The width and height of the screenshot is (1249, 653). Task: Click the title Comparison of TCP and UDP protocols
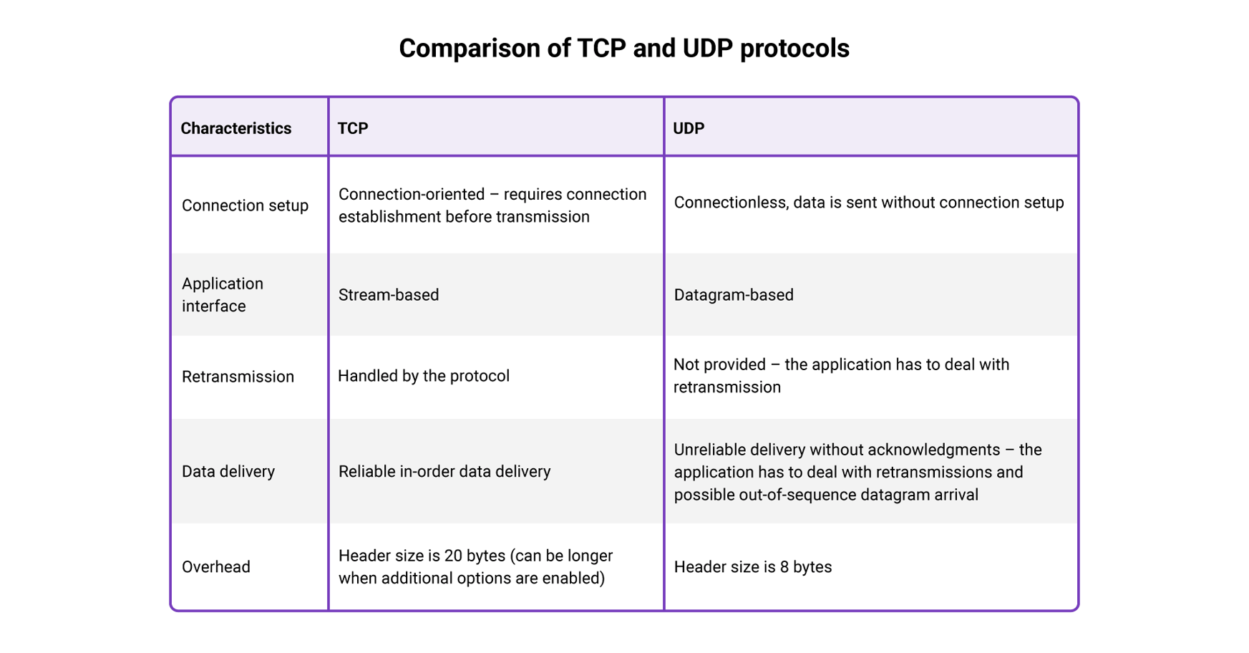tap(623, 49)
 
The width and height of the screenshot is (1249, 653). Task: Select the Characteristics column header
tap(235, 128)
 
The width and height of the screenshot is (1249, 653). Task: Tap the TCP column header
tap(353, 128)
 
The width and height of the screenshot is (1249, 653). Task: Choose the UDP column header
tap(689, 128)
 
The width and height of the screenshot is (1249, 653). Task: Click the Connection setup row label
tap(245, 205)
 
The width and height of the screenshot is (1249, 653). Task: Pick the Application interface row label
tap(223, 294)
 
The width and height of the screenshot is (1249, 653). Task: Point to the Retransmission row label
tap(238, 377)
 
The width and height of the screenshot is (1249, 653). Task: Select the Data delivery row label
tap(228, 471)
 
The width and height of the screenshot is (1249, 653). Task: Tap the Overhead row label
tap(216, 567)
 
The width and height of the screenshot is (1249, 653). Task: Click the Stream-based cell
tap(389, 295)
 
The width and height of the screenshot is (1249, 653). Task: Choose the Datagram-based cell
tap(734, 295)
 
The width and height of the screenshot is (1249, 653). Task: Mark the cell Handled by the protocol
tap(424, 376)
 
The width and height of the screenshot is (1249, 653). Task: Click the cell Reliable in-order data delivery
tap(444, 471)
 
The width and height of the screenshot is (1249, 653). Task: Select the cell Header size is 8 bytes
tap(753, 567)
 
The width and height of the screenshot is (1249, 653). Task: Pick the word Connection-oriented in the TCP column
tap(412, 195)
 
